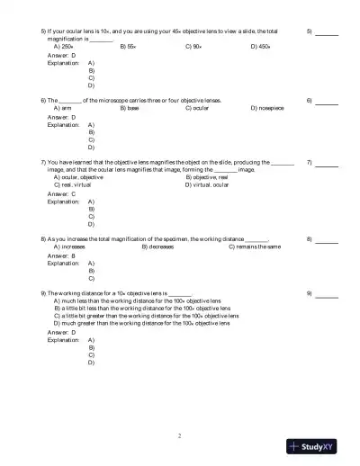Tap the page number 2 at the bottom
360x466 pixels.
click(180, 435)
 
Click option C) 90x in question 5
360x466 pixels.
click(193, 45)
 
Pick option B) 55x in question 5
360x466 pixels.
click(129, 45)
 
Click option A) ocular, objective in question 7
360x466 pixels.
click(79, 177)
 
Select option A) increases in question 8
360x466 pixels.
click(70, 246)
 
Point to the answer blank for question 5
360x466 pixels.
click(327, 32)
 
